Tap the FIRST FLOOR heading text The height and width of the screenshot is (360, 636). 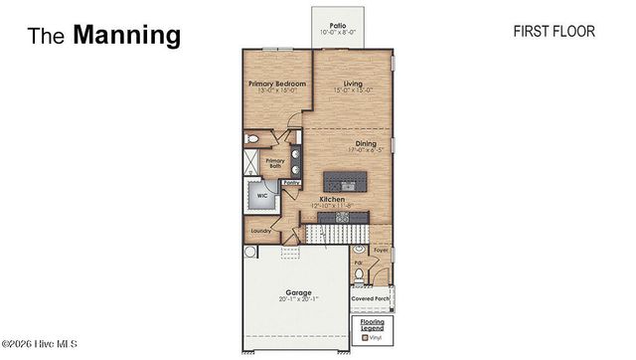(554, 32)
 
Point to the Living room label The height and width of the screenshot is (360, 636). (353, 85)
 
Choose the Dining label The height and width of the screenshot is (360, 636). (366, 143)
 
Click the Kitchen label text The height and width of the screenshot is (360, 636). (332, 200)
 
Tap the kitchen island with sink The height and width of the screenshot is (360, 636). (346, 181)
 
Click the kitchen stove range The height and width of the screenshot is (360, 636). (356, 217)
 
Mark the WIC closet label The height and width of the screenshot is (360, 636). (262, 196)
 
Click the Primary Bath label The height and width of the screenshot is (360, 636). (273, 162)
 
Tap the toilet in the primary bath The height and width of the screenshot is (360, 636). (252, 139)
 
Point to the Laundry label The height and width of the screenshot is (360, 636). (261, 230)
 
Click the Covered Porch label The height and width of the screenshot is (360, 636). (370, 298)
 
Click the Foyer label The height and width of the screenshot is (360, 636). (381, 251)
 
